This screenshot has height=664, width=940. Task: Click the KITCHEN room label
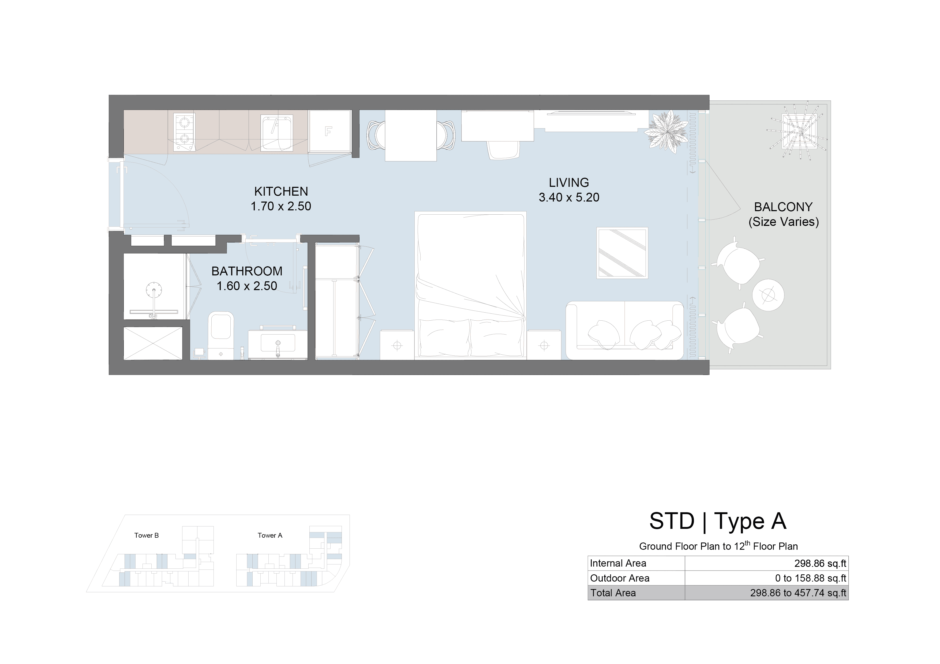pyautogui.click(x=281, y=191)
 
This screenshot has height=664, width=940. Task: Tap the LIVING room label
pyautogui.click(x=569, y=183)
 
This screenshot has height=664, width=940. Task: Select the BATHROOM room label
pyautogui.click(x=247, y=271)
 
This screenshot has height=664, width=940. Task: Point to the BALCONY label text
pyautogui.click(x=783, y=207)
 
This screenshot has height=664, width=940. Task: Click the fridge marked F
pyautogui.click(x=329, y=131)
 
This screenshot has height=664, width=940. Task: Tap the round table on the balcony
pyautogui.click(x=768, y=295)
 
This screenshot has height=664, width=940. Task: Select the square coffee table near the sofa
pyautogui.click(x=622, y=253)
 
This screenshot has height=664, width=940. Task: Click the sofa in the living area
pyautogui.click(x=625, y=331)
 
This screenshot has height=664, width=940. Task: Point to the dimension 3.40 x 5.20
pyautogui.click(x=569, y=198)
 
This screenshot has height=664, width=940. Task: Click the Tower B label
pyautogui.click(x=147, y=535)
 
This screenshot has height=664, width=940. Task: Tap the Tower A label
pyautogui.click(x=270, y=535)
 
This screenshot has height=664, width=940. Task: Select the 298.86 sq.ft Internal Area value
pyautogui.click(x=820, y=563)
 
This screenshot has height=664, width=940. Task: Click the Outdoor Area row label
pyautogui.click(x=619, y=578)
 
